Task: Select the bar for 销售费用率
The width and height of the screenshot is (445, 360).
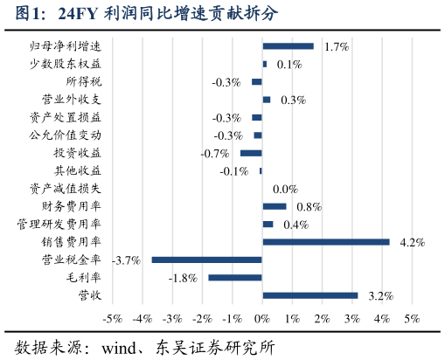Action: coord(325,242)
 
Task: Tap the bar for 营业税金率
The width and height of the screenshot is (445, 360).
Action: coord(206,260)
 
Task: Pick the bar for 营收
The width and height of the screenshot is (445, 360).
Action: coord(310,295)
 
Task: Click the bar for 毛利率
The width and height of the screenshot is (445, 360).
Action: coord(235,277)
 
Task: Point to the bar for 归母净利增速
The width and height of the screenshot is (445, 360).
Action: coord(288,46)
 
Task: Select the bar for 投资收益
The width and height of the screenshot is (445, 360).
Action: coord(251,153)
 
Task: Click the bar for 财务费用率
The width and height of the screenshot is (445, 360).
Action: coord(275,206)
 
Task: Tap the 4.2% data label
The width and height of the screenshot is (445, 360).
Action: coord(412,242)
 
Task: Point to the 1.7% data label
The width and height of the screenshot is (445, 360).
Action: coord(337,46)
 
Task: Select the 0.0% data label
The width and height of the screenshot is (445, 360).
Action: coord(285,189)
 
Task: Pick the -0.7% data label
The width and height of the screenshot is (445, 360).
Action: coord(214,153)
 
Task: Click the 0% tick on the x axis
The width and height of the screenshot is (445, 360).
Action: coord(262,319)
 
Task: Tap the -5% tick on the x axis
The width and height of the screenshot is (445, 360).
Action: coord(112,319)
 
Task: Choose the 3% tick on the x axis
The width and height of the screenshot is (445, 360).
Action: coord(352,319)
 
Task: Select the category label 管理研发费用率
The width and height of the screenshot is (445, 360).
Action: coord(59,224)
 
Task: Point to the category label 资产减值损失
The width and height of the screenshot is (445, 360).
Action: coord(66,189)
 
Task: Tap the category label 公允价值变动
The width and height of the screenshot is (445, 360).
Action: coord(66,135)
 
